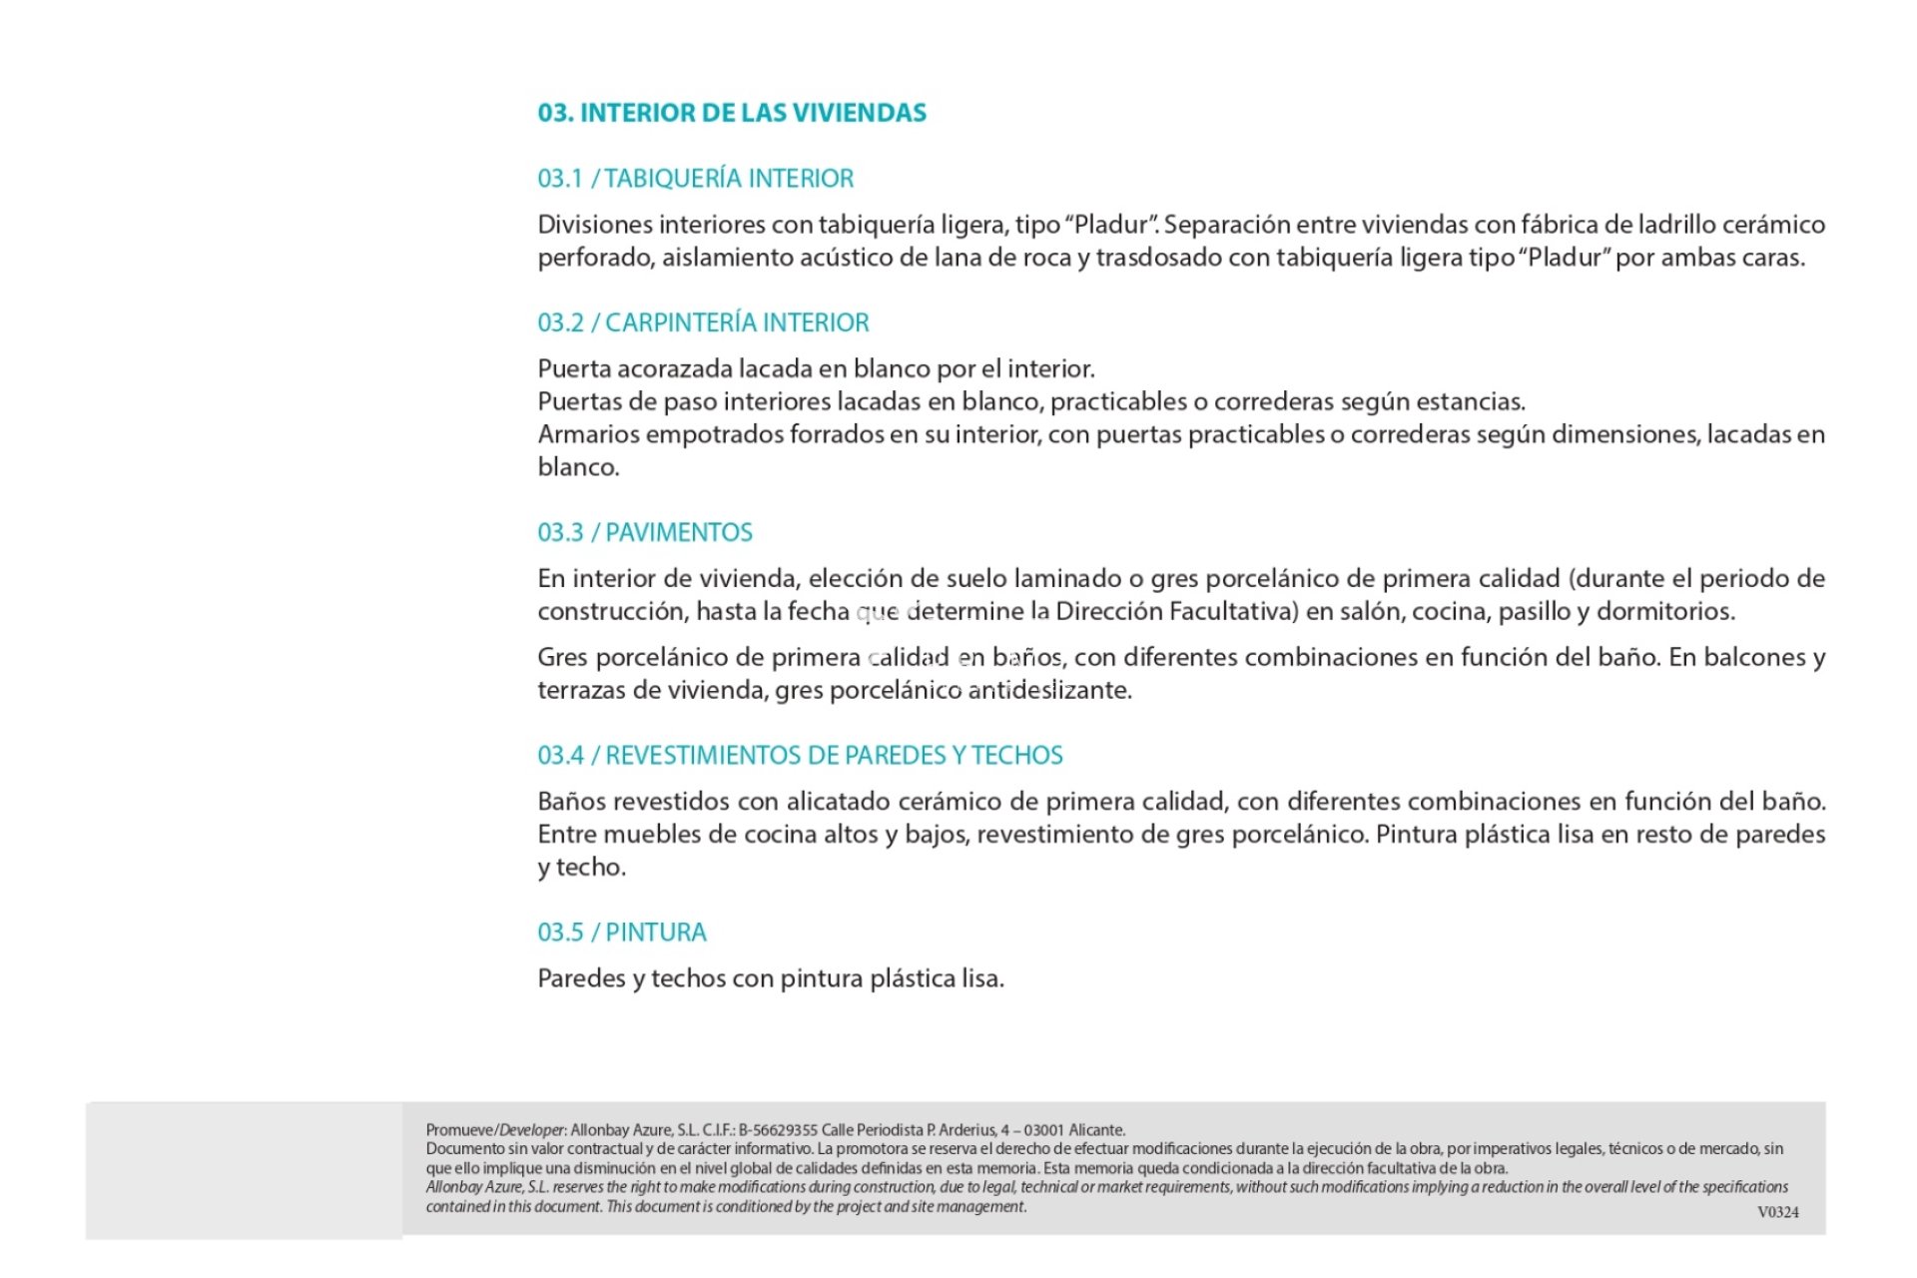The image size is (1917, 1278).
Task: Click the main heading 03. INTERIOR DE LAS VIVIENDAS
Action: [x=732, y=113]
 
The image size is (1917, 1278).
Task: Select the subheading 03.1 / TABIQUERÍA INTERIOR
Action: [x=696, y=179]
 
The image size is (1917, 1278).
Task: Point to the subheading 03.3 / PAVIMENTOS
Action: [x=645, y=533]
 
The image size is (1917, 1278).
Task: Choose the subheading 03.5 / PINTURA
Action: [x=622, y=933]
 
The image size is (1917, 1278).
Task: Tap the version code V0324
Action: [x=1778, y=1212]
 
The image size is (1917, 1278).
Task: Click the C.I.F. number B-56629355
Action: [x=778, y=1130]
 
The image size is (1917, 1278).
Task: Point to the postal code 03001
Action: [x=1043, y=1130]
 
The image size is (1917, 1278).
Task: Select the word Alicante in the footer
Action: [x=1096, y=1130]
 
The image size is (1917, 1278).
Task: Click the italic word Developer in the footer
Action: [x=532, y=1130]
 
